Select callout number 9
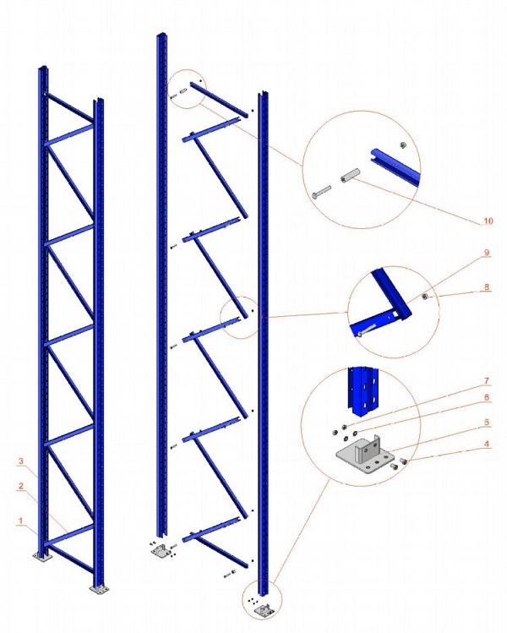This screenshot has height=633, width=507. (x=487, y=253)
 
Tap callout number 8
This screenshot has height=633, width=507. (x=487, y=287)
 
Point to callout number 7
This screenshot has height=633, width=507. (x=487, y=381)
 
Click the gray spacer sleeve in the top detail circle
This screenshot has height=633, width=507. (x=349, y=180)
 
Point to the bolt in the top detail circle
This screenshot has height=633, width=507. (x=319, y=193)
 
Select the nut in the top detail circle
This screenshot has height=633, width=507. (x=403, y=145)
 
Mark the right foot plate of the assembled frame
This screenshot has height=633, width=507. (x=100, y=588)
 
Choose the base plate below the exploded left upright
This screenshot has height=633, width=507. (x=159, y=554)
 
